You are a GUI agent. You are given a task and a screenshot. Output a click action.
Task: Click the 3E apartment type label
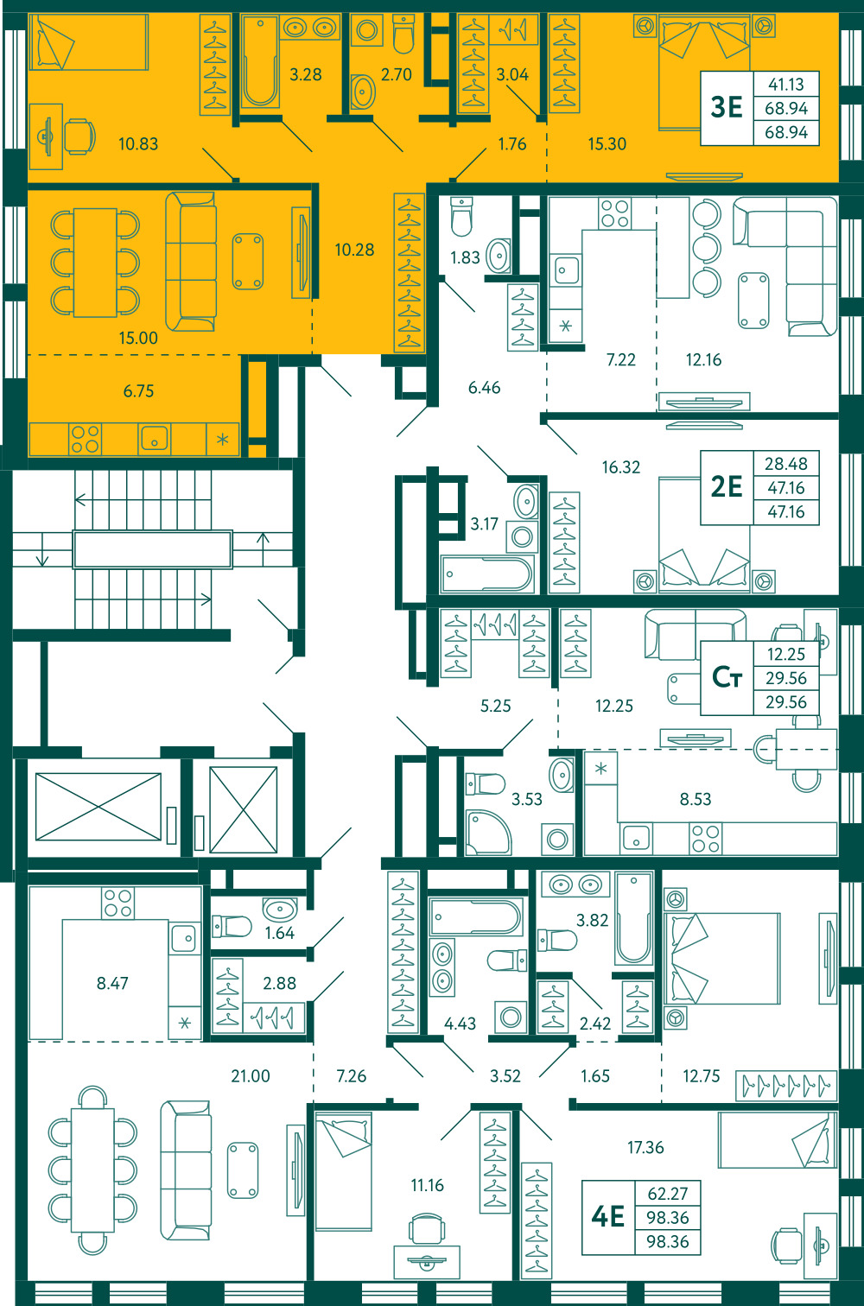coord(727,107)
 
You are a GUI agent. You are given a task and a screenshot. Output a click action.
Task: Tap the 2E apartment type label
coord(727,486)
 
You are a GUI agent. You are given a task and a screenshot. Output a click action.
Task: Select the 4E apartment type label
coord(608,1216)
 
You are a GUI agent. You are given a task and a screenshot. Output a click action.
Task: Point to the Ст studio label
coord(727,677)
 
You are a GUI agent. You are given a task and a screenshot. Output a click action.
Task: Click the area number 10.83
coord(138,143)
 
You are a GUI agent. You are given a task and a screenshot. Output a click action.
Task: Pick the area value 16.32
coord(620,467)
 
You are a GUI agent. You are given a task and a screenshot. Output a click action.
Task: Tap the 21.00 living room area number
coord(251,1075)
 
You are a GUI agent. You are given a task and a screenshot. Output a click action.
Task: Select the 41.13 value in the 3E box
coord(786,85)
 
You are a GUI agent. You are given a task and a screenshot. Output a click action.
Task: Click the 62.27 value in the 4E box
coord(667,1194)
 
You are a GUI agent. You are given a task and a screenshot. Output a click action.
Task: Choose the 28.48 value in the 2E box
coord(786,464)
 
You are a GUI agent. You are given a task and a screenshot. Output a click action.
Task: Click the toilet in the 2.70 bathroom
coord(403,34)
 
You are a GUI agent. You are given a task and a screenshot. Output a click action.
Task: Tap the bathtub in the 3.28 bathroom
coord(260,62)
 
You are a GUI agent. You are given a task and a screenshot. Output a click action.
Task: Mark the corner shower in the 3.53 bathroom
coord(487,832)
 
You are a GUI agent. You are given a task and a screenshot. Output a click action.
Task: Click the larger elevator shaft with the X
coord(98,807)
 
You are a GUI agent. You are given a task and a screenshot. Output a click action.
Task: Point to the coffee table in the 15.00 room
coord(248,261)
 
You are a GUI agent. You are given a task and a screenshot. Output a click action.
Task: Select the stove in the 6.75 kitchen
coord(86,439)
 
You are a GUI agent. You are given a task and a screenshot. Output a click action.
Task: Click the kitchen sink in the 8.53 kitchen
coord(636,839)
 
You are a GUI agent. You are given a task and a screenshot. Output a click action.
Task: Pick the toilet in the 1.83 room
coord(461,216)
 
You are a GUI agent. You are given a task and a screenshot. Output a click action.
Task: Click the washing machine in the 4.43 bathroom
coord(511,1018)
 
